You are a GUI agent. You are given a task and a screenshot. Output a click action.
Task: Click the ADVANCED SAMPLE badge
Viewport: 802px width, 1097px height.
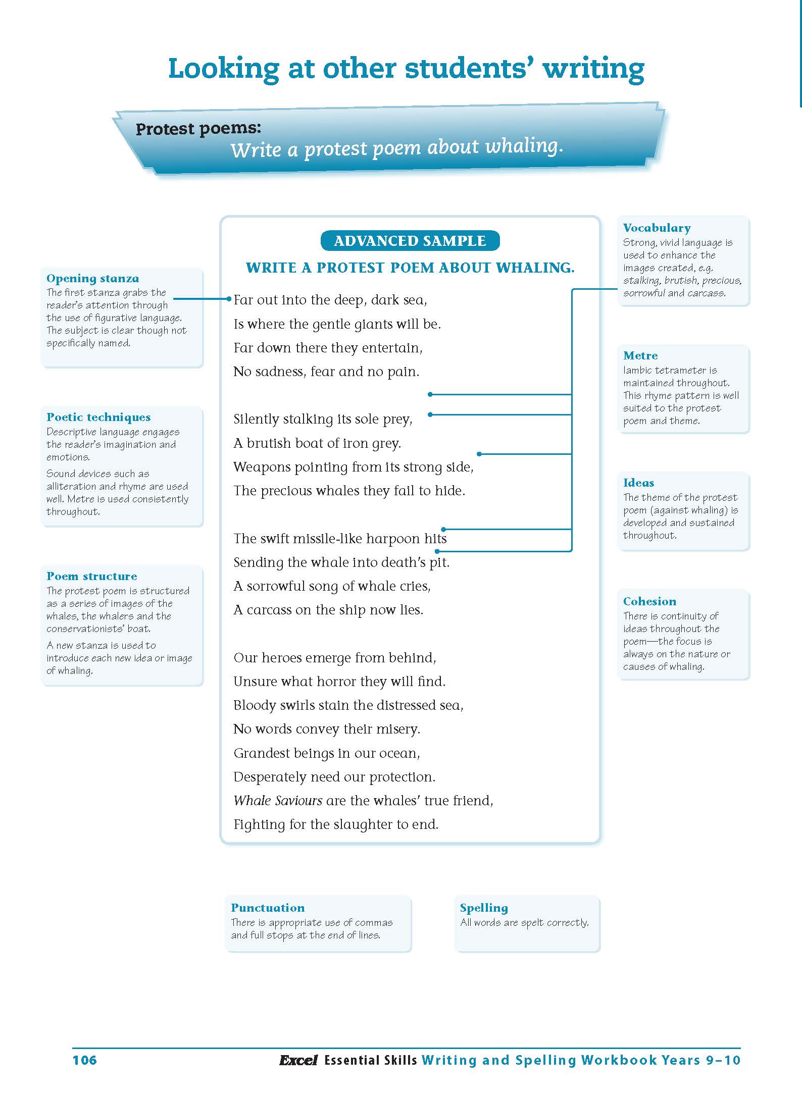pos(410,241)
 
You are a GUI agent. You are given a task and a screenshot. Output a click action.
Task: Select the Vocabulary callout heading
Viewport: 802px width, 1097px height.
pos(657,228)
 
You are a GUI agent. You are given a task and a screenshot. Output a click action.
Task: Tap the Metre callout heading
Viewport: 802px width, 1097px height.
pos(640,355)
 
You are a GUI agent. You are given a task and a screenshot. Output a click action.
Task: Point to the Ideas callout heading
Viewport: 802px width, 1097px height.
pos(639,483)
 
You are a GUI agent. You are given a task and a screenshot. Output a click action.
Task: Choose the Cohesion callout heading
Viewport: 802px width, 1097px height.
pos(649,601)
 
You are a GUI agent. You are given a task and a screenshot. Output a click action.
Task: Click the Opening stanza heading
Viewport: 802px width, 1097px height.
pos(92,278)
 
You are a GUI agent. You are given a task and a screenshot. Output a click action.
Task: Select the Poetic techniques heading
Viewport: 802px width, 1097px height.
pos(98,417)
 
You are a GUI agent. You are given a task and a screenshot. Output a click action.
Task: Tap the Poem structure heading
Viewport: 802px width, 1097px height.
pos(91,576)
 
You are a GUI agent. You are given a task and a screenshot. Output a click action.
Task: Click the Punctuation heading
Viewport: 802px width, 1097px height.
pos(268,907)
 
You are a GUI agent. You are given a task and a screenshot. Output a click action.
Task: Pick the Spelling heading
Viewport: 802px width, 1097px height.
pos(484,907)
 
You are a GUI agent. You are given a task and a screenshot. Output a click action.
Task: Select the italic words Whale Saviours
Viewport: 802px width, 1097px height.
pos(278,800)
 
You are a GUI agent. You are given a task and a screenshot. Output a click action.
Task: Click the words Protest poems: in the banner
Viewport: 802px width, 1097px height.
pos(198,129)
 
